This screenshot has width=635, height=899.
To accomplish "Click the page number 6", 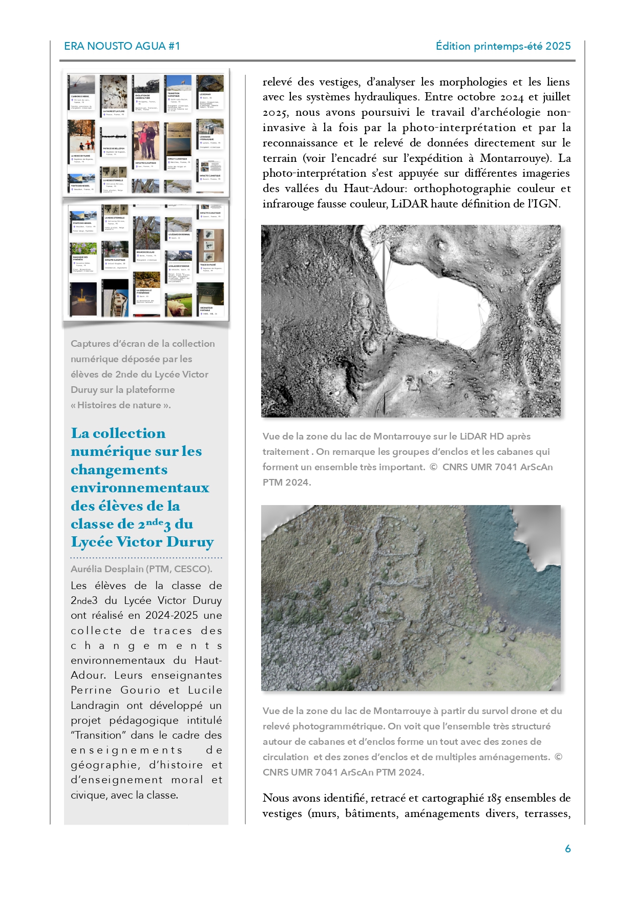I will point(567,848).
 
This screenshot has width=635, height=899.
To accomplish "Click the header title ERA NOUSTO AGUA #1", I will point(122,46).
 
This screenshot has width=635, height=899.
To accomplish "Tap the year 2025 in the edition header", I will point(558,46).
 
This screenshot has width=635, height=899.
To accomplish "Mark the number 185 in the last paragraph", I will point(494,798).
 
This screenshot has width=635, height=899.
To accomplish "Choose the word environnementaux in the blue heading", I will point(140,488).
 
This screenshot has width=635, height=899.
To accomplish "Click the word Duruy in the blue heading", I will point(190,542).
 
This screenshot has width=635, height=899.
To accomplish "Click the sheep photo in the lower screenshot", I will point(179,305).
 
